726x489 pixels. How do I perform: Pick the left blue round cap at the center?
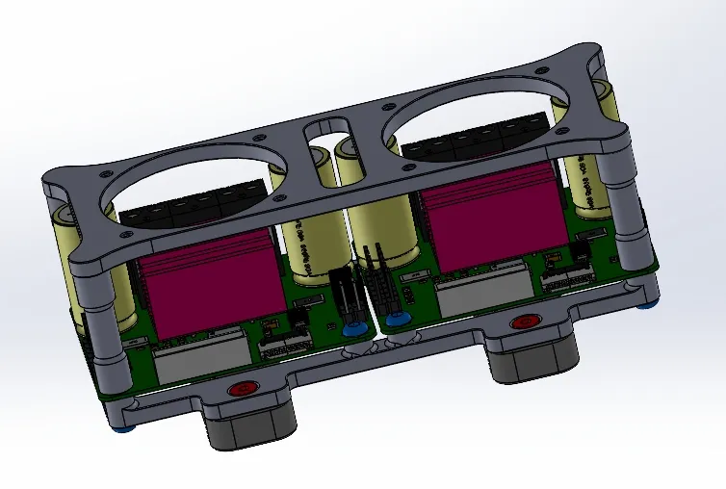pyautogui.click(x=353, y=328)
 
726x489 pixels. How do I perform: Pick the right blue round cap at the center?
pyautogui.click(x=393, y=321)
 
